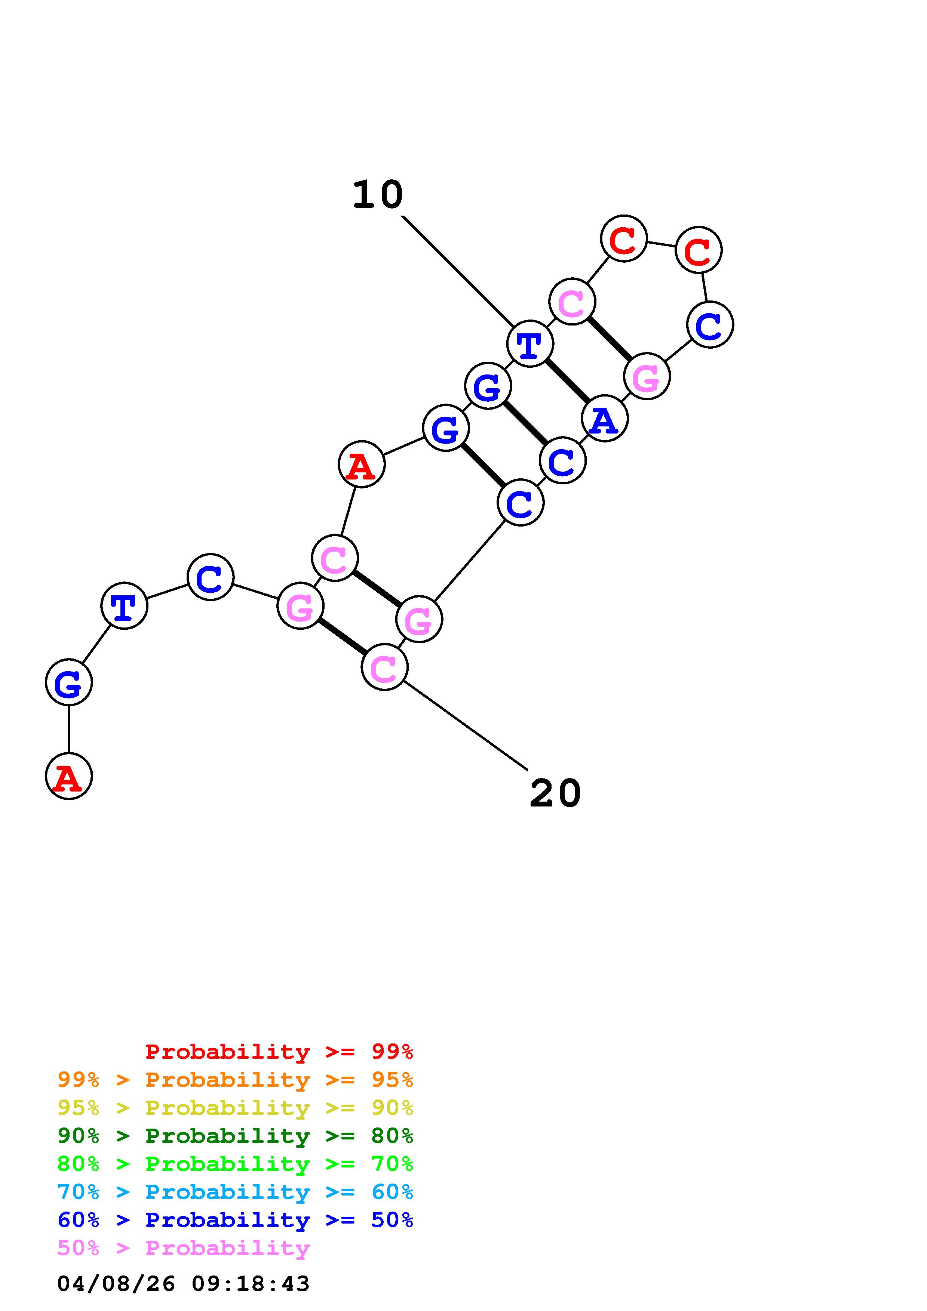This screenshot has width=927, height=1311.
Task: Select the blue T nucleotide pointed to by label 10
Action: click(x=530, y=344)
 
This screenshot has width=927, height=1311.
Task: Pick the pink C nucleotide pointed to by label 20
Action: click(x=384, y=667)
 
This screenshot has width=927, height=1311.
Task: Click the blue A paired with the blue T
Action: click(x=604, y=419)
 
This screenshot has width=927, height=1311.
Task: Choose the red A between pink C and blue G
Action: click(x=362, y=464)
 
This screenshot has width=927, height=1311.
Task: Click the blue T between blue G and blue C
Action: click(x=124, y=605)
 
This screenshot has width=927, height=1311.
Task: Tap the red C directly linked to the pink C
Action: click(x=624, y=239)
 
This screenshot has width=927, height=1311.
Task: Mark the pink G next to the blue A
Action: click(x=647, y=376)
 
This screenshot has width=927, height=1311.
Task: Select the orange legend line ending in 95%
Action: click(x=235, y=1080)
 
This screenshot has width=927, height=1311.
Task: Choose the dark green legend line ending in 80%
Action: click(x=235, y=1136)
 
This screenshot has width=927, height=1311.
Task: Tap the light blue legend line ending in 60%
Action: click(x=235, y=1192)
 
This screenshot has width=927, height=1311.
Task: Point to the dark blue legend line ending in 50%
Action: click(x=235, y=1220)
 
